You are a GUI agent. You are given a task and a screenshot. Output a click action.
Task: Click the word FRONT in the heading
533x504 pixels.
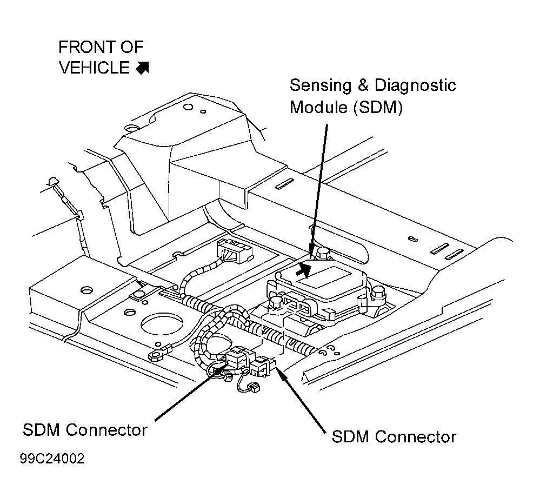click(x=86, y=47)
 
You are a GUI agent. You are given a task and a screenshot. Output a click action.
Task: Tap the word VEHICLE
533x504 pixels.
click(x=95, y=68)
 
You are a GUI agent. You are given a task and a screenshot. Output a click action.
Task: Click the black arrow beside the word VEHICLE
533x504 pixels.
click(x=142, y=68)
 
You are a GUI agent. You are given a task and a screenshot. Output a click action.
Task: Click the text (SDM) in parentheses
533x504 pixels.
click(x=378, y=108)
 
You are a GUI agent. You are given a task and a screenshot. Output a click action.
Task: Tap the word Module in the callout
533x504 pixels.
click(x=319, y=107)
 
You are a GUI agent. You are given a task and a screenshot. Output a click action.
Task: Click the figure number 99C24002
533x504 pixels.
click(x=52, y=459)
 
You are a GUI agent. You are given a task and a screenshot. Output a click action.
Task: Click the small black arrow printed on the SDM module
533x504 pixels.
click(x=304, y=271)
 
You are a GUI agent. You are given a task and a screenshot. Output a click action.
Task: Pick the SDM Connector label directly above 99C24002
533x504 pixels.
click(x=85, y=430)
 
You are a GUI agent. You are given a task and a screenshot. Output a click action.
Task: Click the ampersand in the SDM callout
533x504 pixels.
click(x=363, y=85)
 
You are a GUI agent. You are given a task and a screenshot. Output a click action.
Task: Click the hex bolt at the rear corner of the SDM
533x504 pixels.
click(x=323, y=254)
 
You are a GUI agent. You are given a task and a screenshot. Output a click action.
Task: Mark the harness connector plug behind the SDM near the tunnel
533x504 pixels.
click(x=235, y=251)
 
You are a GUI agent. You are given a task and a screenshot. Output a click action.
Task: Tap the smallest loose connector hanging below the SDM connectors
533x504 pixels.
click(x=252, y=387)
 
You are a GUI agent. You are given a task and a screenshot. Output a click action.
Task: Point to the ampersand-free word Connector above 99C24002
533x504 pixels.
click(x=106, y=430)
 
